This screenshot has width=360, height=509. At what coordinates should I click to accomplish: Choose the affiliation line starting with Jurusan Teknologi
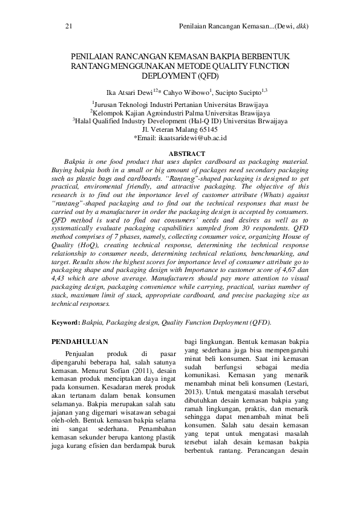[x=180, y=104]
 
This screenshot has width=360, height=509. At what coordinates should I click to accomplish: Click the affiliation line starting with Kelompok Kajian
[x=180, y=112]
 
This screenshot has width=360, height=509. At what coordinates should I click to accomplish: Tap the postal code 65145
[x=206, y=129]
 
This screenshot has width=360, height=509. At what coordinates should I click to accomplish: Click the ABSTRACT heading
[x=180, y=154]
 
